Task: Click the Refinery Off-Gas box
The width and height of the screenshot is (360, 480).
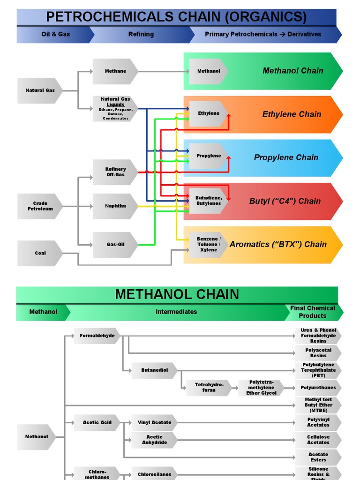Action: click(x=115, y=172)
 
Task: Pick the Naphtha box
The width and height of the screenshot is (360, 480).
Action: click(x=115, y=206)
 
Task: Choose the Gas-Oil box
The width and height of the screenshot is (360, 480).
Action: click(x=115, y=245)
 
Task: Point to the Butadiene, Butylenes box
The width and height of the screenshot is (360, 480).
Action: click(x=208, y=201)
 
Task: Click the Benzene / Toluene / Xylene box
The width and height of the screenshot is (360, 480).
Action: click(x=208, y=244)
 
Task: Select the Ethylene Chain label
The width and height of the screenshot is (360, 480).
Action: click(x=292, y=114)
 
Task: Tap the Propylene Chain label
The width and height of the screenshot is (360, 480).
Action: click(x=286, y=157)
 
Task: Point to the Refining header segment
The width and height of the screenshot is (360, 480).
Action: click(x=141, y=34)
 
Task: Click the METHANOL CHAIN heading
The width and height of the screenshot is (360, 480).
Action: click(x=177, y=294)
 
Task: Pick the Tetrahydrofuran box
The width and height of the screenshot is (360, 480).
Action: click(x=209, y=388)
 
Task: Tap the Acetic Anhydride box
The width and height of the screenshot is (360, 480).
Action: click(x=154, y=440)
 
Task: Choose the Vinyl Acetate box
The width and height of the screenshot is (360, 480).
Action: click(x=154, y=422)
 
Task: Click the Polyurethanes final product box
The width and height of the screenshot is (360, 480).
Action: click(x=318, y=388)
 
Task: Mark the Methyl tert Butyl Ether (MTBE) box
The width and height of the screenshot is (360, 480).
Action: click(x=318, y=405)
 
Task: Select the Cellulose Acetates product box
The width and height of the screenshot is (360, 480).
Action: click(x=318, y=440)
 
